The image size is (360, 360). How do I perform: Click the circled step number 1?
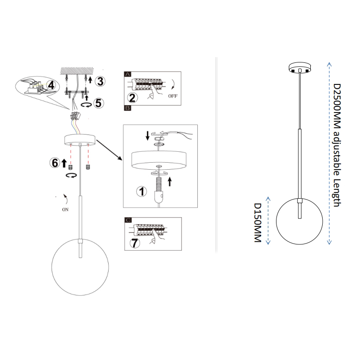142,191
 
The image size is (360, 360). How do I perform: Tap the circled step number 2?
132,98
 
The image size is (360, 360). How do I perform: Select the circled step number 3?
100,81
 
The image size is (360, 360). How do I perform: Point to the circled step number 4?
51,85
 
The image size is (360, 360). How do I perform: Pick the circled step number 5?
98,103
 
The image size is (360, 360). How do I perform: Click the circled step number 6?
55,163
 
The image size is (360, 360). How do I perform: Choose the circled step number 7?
135,243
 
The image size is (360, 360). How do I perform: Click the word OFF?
173,96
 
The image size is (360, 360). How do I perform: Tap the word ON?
65,210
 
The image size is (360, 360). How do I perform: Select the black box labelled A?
127,74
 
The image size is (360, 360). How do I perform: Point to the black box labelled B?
127,108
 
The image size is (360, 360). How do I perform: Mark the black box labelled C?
128,220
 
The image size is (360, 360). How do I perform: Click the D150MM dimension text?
258,223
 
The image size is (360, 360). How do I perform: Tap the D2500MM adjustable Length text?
337,145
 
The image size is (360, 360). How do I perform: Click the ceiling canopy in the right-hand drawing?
300,68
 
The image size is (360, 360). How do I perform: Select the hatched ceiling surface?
77,70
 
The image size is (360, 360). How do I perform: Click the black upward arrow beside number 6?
64,163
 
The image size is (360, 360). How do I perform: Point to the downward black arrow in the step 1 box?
148,135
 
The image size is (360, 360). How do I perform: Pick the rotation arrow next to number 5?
87,105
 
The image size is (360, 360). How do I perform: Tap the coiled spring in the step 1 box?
158,185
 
